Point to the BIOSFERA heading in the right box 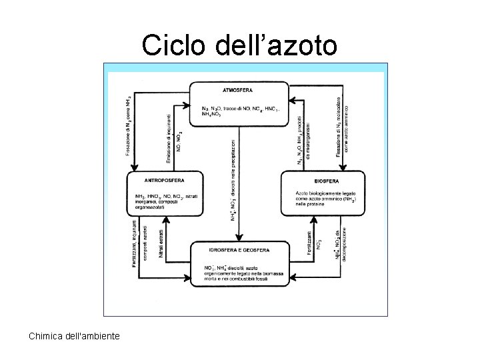(325, 180)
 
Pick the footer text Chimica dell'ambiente (75, 335)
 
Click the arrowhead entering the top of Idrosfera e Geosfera (239, 240)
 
